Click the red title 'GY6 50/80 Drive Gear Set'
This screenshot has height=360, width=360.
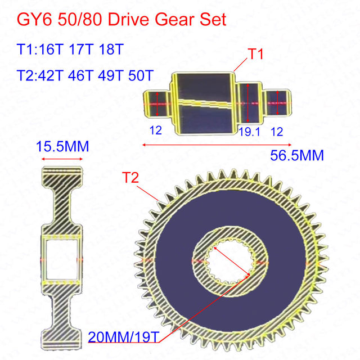click(121, 20)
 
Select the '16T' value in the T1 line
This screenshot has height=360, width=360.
click(51, 49)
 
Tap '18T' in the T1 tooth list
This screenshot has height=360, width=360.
click(111, 49)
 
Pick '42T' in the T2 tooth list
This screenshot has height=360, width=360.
click(50, 75)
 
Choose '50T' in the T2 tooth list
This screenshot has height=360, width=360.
click(141, 75)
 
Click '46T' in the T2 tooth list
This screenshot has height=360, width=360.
click(80, 75)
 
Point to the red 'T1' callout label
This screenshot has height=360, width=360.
click(255, 54)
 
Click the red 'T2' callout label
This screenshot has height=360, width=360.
click(130, 178)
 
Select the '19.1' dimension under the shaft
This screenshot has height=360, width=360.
click(249, 132)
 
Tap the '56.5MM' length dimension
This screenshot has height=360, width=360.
click(297, 155)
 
